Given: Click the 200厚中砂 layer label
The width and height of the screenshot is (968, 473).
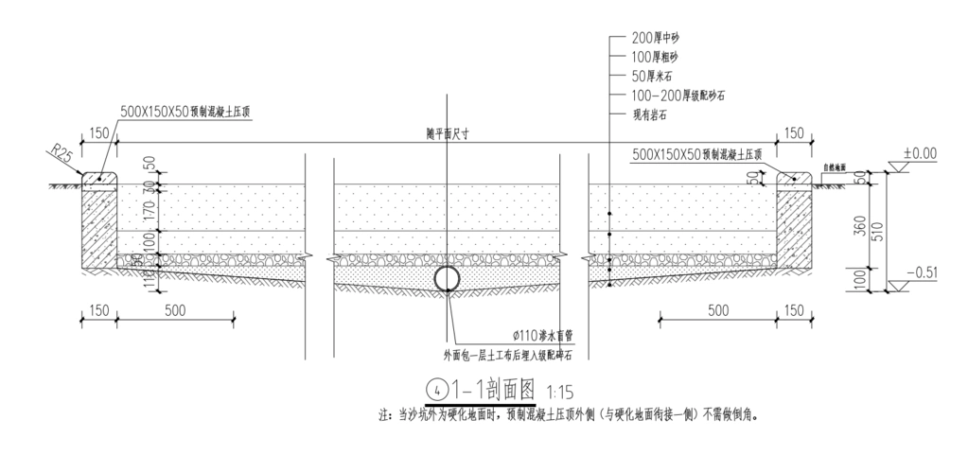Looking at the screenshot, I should pyautogui.click(x=656, y=39).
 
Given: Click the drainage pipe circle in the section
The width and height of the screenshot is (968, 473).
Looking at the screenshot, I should pyautogui.click(x=447, y=278).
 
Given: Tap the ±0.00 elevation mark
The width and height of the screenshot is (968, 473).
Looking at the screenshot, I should pyautogui.click(x=919, y=152).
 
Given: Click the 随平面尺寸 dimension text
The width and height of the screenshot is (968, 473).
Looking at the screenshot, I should pyautogui.click(x=448, y=135).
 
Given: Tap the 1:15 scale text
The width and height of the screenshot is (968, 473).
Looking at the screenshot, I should pyautogui.click(x=559, y=390).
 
